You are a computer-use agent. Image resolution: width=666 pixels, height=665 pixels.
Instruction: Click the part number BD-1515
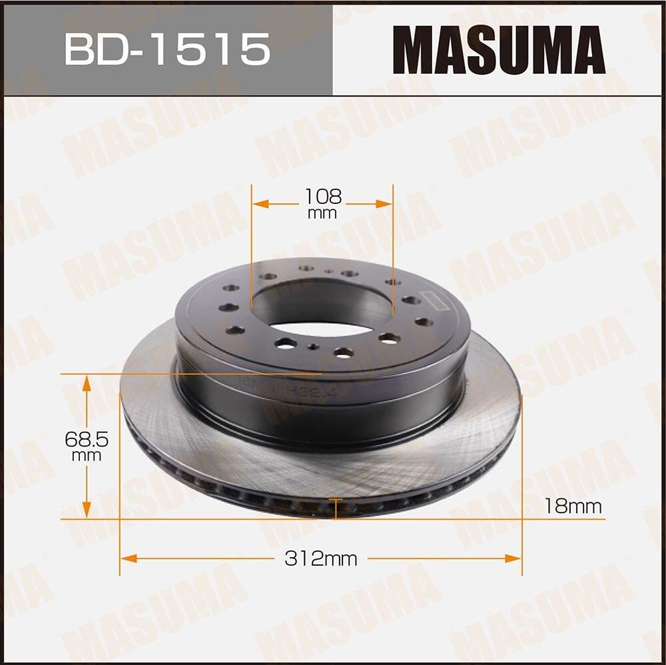pyautogui.click(x=167, y=49)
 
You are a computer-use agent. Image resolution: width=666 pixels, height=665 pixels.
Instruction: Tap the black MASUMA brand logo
pyautogui.click(x=499, y=49)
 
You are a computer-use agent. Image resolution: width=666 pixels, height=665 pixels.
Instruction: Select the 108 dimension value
pyautogui.click(x=323, y=196)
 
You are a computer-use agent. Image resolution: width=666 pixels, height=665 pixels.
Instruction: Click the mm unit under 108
pyautogui.click(x=323, y=214)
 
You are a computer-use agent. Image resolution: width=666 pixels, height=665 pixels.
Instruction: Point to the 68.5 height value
pyautogui.click(x=87, y=439)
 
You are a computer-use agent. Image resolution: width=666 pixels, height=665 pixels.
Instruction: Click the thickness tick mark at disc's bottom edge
pyautogui.click(x=336, y=508)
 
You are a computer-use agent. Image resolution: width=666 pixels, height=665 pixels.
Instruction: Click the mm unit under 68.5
pyautogui.click(x=87, y=456)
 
